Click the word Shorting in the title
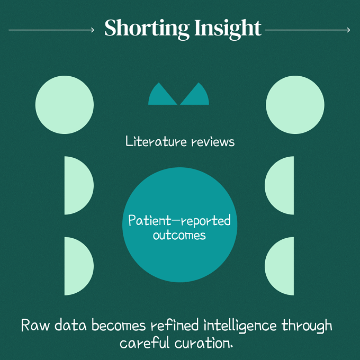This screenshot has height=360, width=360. pos(147,29)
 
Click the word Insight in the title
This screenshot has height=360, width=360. pos(228,29)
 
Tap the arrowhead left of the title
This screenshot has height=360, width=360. pos(93,30)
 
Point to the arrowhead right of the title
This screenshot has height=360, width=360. pos(348,30)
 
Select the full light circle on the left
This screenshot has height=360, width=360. pos(65,105)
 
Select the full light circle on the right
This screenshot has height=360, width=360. pos(295,105)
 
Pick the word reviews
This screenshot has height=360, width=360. pos(213,142)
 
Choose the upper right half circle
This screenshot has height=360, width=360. pos(281,185)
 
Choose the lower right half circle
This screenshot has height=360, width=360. pos(281,266)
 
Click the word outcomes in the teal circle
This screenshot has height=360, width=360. pos(179,236)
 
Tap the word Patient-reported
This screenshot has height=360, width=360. pos(179,221)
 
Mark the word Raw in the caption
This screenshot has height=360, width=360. pos(35,325)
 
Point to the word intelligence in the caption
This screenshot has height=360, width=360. pos(240,326)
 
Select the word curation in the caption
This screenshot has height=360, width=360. pos(204,344)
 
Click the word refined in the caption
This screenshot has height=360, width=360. pos(175,325)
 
